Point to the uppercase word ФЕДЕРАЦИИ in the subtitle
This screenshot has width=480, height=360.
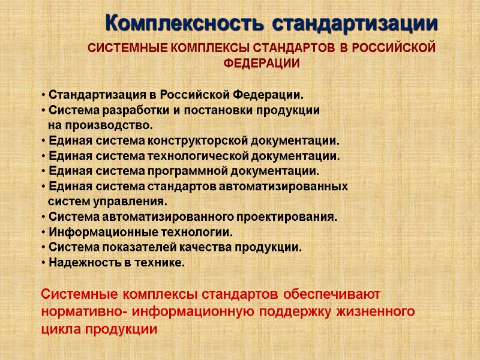[262, 62]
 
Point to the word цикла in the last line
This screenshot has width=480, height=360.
[60, 329]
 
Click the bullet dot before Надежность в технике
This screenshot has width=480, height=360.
[44, 263]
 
